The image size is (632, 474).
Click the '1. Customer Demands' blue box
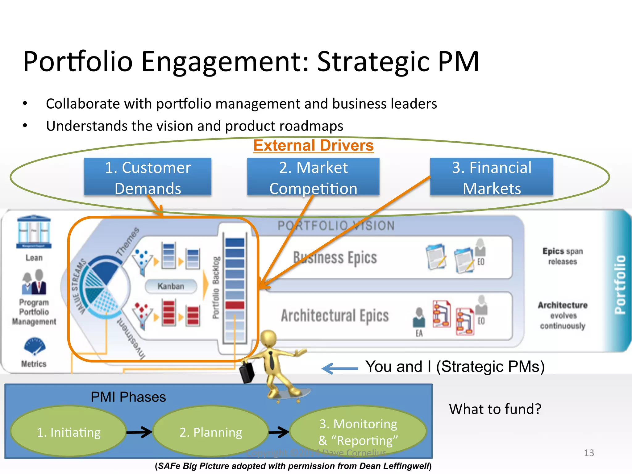click(x=148, y=177)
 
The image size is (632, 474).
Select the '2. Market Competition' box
click(x=313, y=177)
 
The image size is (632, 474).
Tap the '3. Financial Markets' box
click(x=491, y=177)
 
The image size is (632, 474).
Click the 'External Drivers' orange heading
click(x=314, y=145)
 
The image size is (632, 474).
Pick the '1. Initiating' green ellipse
click(x=69, y=432)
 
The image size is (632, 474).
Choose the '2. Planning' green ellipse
click(x=211, y=432)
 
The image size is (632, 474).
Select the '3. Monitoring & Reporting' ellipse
click(x=358, y=432)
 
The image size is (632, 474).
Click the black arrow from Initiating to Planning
click(x=139, y=432)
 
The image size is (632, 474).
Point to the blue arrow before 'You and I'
click(x=339, y=368)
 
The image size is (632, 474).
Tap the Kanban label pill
click(x=171, y=286)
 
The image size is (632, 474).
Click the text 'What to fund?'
click(x=495, y=409)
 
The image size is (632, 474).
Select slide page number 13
click(x=589, y=453)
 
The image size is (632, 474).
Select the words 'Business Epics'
click(x=335, y=258)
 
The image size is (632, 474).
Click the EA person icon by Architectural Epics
click(x=419, y=318)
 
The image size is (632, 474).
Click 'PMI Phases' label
click(x=128, y=397)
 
